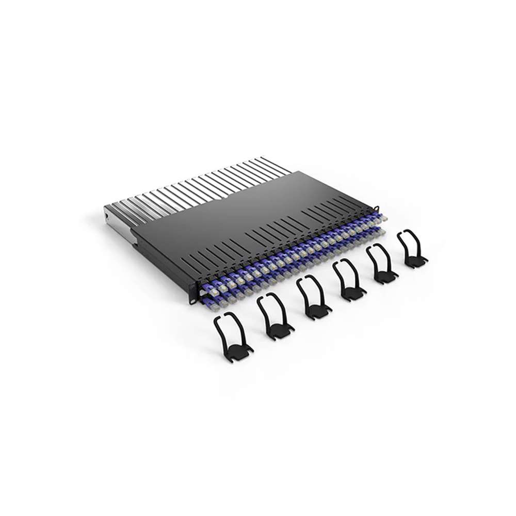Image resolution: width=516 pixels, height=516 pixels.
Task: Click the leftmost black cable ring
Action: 232,336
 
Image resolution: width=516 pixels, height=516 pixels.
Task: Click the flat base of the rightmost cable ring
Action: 415,262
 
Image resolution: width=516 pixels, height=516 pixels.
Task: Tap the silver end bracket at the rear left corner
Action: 115,219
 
